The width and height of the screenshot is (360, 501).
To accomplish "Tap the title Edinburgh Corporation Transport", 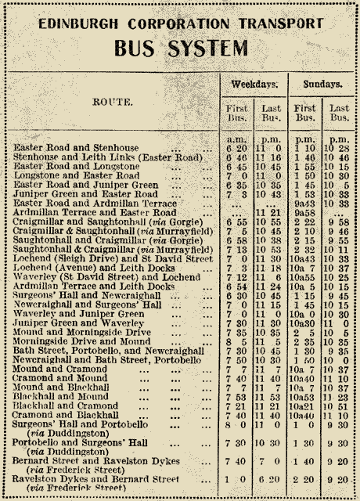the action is click(x=180, y=23).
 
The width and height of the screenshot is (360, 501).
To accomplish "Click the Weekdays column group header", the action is click(x=252, y=84).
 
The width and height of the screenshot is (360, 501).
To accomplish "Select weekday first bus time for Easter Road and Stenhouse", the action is click(x=233, y=147).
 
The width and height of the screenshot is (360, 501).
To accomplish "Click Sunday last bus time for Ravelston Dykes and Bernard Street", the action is click(x=338, y=478).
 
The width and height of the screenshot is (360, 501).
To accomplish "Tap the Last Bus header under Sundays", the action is click(x=338, y=112).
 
